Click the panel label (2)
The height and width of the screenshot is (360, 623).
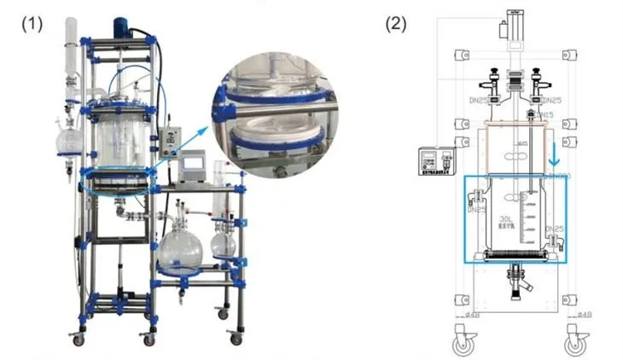tap(399, 23)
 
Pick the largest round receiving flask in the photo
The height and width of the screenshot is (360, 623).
tap(182, 248)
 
